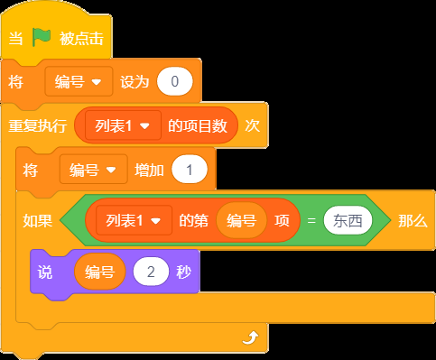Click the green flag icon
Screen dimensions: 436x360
coord(42,37)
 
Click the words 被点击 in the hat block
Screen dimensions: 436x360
coord(81,39)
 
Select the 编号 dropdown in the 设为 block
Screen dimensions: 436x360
coord(79,81)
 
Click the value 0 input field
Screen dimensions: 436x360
coord(174,81)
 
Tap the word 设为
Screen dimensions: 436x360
coord(135,82)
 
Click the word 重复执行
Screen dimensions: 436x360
coord(37,125)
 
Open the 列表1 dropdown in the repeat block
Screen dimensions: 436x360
coord(123,125)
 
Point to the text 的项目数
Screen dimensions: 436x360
coord(198,125)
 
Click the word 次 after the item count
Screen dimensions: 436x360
coord(252,125)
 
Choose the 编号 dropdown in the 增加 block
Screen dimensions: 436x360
coord(94,170)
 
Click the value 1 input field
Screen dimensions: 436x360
coord(190,170)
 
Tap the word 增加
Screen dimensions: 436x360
coord(149,171)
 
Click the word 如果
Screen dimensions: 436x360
coord(38,221)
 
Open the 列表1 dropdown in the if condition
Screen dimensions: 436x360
coord(134,221)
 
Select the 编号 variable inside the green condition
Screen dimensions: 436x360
coord(241,221)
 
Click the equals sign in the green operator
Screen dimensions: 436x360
coord(311,221)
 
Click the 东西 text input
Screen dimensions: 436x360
coord(348,221)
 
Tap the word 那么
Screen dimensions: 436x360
coord(413,221)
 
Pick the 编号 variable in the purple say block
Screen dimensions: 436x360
coord(99,272)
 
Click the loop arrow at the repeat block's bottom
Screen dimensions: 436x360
coord(250,337)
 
